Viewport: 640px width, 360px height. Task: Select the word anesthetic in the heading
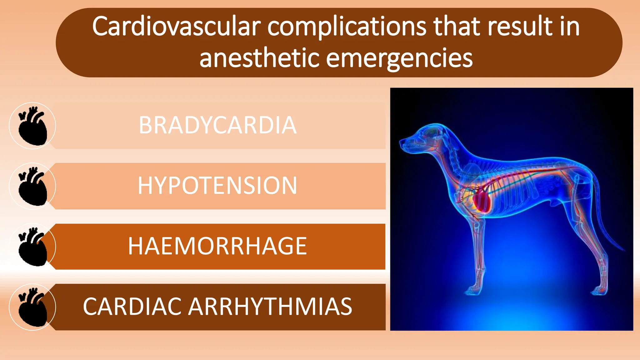(x=259, y=58)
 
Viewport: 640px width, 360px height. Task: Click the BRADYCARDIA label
(x=217, y=125)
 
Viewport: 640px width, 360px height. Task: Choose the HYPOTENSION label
(x=217, y=186)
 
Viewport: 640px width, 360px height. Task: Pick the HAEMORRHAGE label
(x=217, y=246)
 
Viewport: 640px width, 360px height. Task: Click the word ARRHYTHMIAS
(x=270, y=307)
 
